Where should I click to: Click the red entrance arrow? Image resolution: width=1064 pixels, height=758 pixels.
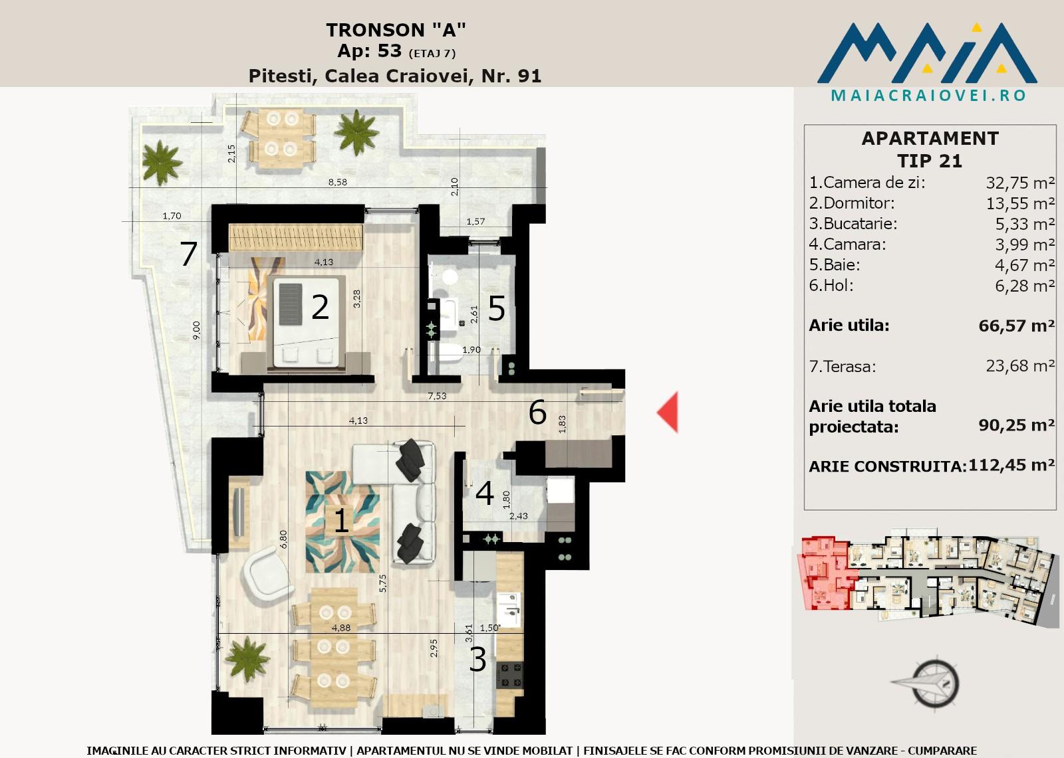click(668, 412)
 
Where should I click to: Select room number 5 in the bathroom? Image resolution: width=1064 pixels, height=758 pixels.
click(496, 308)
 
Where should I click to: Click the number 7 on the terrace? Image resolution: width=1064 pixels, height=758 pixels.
click(189, 254)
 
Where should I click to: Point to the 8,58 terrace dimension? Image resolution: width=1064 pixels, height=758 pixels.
click(337, 182)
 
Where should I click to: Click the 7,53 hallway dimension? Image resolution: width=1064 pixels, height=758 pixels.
click(436, 396)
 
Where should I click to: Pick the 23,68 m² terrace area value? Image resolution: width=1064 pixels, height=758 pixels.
click(1020, 366)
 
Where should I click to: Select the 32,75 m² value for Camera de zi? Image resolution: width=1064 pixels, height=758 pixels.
click(1020, 183)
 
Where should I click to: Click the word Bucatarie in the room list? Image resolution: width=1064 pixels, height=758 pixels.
click(861, 224)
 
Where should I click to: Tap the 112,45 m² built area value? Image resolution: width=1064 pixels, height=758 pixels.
click(1011, 464)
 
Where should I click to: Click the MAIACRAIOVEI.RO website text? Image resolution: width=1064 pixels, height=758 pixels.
click(928, 96)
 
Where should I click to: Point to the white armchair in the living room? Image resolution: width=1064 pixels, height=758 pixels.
click(266, 575)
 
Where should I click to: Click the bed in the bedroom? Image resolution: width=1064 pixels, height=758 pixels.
click(306, 323)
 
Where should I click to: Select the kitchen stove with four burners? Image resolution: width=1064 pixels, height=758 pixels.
click(509, 675)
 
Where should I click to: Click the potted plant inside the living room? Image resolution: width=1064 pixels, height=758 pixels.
click(247, 659)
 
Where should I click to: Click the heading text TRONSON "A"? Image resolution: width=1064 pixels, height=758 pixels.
click(396, 30)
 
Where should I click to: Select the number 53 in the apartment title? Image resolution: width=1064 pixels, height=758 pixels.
click(390, 50)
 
